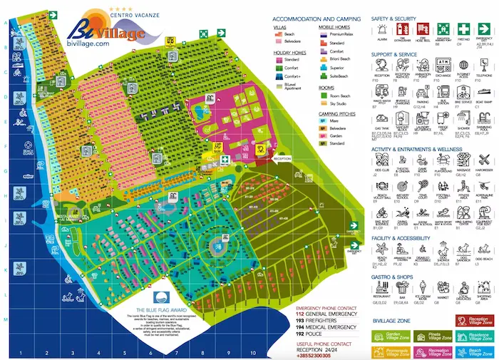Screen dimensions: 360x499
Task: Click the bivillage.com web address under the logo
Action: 89,43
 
